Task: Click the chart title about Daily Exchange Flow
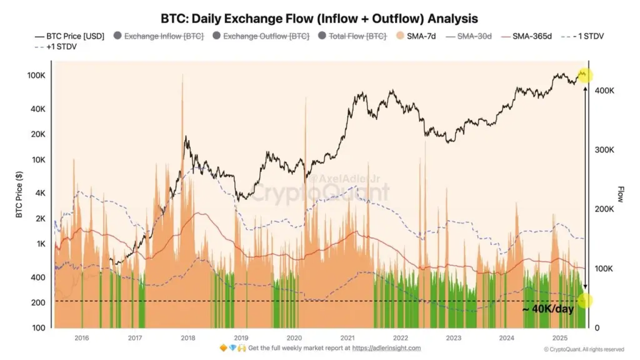pyautogui.click(x=319, y=19)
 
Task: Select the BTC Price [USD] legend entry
pyautogui.click(x=70, y=36)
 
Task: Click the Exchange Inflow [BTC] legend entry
pyautogui.click(x=164, y=36)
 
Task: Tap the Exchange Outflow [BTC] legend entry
pyautogui.click(x=266, y=36)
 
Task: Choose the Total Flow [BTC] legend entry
pyautogui.click(x=358, y=36)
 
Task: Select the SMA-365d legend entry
pyautogui.click(x=531, y=36)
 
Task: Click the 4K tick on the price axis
pyautogui.click(x=39, y=193)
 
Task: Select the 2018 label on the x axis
pyautogui.click(x=187, y=337)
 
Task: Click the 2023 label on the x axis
pyautogui.click(x=453, y=337)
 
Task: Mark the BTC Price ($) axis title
pyautogui.click(x=19, y=195)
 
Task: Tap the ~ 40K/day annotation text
pyautogui.click(x=547, y=309)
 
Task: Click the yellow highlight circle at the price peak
pyautogui.click(x=585, y=75)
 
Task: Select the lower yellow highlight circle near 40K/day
pyautogui.click(x=585, y=301)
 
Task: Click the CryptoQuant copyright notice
pyautogui.click(x=584, y=349)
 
